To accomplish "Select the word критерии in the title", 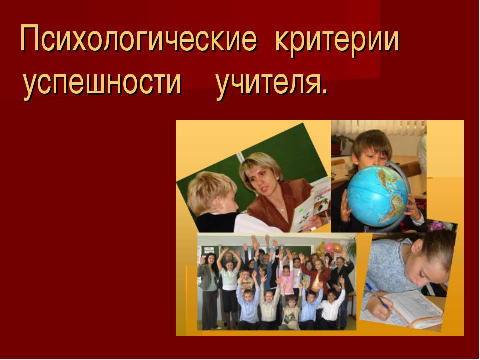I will click(x=337, y=40).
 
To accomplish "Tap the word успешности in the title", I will click(x=102, y=83).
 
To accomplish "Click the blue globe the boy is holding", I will click(x=378, y=195).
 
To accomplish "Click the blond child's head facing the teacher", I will click(x=210, y=192).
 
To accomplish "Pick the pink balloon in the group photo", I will click(x=329, y=248).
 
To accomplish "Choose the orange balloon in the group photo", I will click(x=338, y=248).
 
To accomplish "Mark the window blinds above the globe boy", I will click(x=380, y=127).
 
